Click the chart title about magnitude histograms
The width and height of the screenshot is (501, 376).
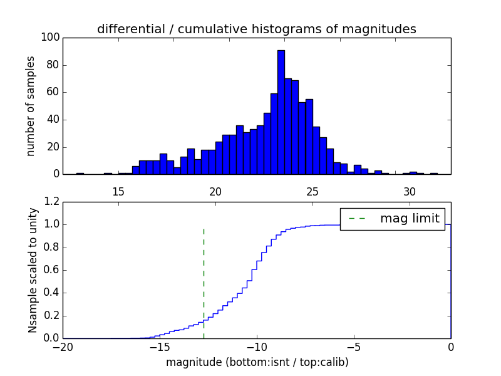[256, 29]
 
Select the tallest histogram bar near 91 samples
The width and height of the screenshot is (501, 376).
[281, 113]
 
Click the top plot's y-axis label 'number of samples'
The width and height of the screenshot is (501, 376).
[31, 106]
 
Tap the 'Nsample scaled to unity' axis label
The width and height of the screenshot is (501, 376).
[33, 270]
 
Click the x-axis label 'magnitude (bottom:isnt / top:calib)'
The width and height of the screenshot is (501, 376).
[257, 362]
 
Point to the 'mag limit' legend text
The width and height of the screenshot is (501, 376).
[410, 218]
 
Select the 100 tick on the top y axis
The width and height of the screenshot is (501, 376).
[51, 38]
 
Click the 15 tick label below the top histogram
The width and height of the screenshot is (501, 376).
[118, 191]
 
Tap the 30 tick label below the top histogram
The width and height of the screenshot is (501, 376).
[410, 191]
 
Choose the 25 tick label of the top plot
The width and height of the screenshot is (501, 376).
[312, 191]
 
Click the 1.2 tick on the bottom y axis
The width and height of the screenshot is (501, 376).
[52, 202]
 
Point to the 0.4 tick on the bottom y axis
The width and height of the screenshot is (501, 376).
[52, 293]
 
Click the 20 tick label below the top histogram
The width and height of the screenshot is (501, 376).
[215, 191]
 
